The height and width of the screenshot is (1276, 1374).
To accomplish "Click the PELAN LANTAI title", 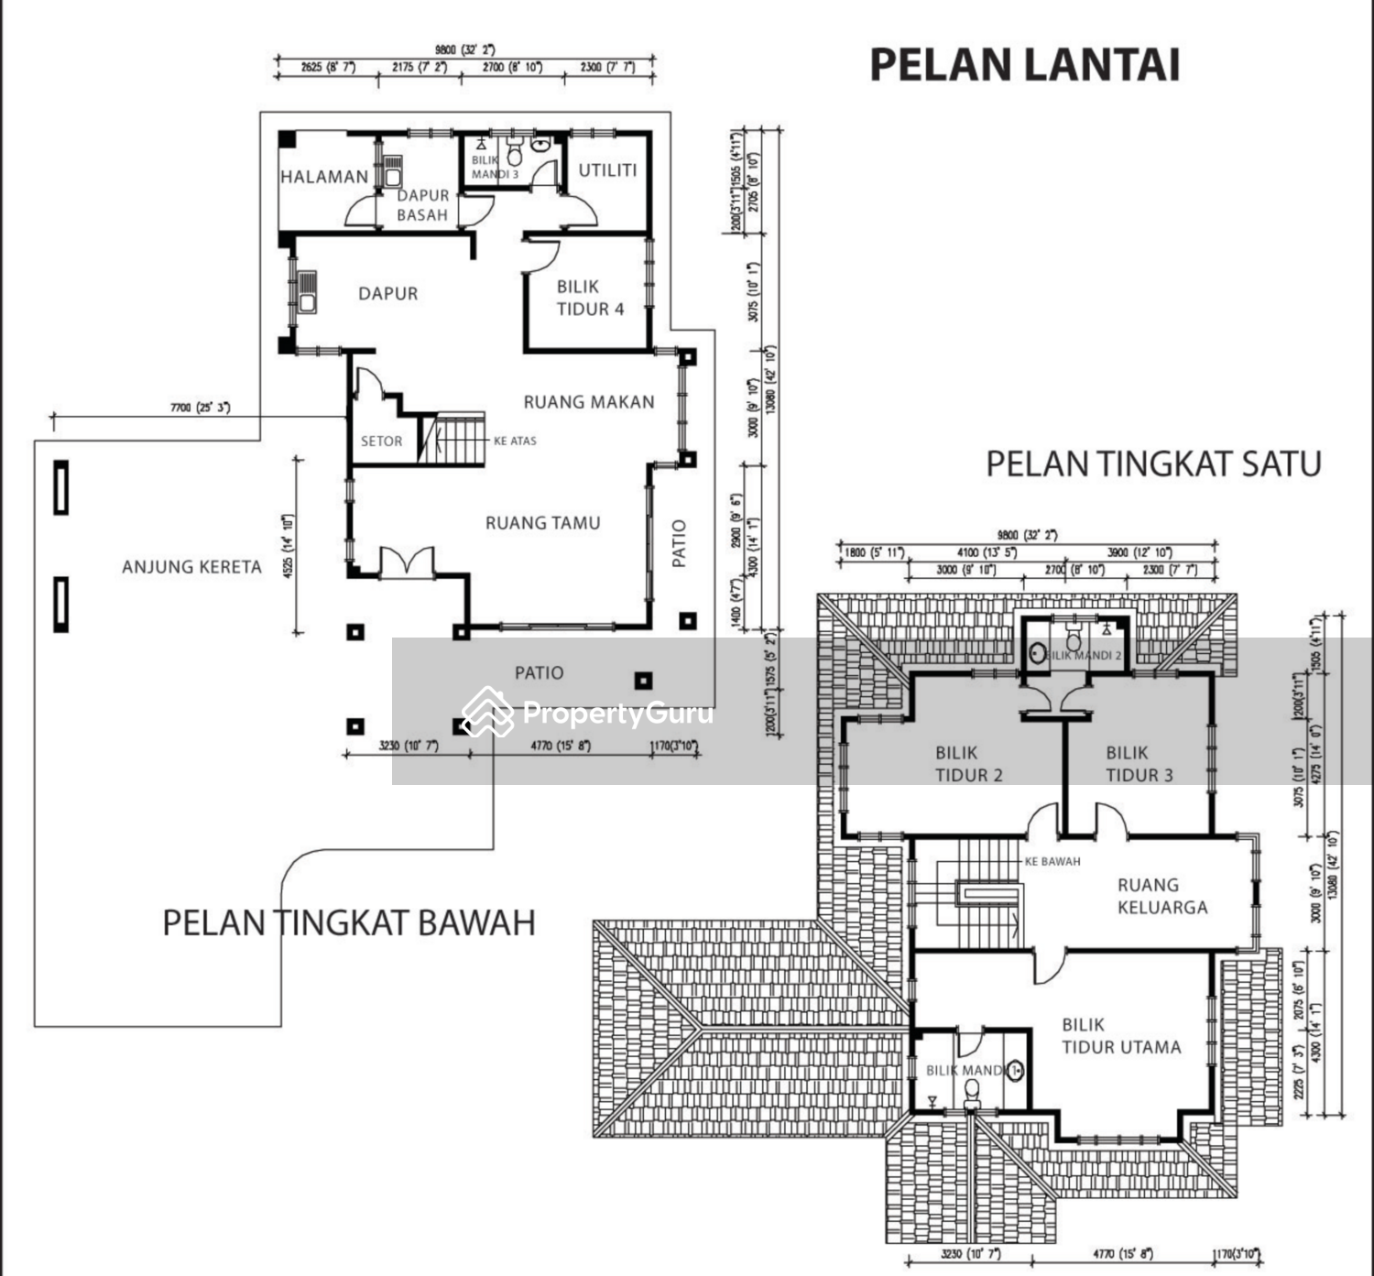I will click(x=1024, y=65).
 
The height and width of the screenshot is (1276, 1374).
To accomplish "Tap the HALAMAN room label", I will click(x=324, y=177).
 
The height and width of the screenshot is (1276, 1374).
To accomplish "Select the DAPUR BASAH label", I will click(x=422, y=205).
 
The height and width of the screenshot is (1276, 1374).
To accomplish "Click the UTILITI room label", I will click(x=607, y=169).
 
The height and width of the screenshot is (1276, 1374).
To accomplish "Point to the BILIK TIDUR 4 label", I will click(x=590, y=298).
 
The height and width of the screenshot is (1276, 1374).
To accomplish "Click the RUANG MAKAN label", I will click(x=589, y=401).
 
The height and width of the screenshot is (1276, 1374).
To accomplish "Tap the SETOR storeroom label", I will click(x=381, y=441).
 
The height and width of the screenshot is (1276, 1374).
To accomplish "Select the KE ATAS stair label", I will click(x=515, y=441).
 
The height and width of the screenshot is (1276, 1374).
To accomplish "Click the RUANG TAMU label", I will click(x=542, y=523).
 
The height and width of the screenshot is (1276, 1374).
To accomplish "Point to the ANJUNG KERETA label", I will click(x=191, y=567).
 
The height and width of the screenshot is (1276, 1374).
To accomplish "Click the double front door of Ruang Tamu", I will click(x=406, y=562).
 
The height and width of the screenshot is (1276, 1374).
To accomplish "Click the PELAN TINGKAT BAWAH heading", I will click(x=349, y=922).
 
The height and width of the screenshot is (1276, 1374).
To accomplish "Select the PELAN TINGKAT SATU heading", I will click(x=1153, y=464).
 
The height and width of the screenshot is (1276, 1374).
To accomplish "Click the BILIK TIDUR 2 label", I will click(x=968, y=764).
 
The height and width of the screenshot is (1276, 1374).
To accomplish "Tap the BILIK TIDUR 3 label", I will click(x=1139, y=764).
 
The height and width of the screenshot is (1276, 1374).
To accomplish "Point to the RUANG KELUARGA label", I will click(x=1161, y=896).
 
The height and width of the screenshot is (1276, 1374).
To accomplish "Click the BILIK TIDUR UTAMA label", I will click(x=1121, y=1036).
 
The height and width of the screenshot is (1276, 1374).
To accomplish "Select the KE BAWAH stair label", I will click(x=1052, y=862).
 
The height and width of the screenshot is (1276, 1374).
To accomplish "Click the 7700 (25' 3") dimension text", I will click(x=200, y=408).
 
